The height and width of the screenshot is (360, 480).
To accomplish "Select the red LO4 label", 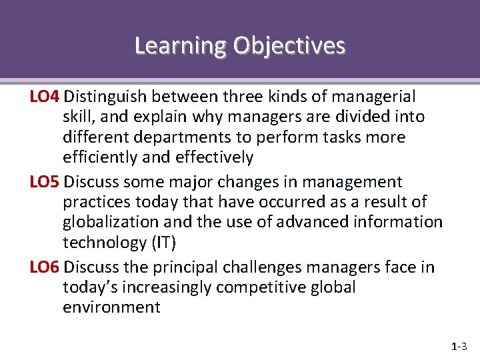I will pyautogui.click(x=45, y=97).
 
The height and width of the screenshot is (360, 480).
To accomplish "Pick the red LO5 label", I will pyautogui.click(x=45, y=182).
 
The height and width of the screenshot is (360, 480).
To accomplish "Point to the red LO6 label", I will pyautogui.click(x=45, y=267).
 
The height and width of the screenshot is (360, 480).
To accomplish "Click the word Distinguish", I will pyautogui.click(x=110, y=97).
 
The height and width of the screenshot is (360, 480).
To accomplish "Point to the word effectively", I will pyautogui.click(x=214, y=158).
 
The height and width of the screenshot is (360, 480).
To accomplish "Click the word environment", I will pyautogui.click(x=111, y=307).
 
